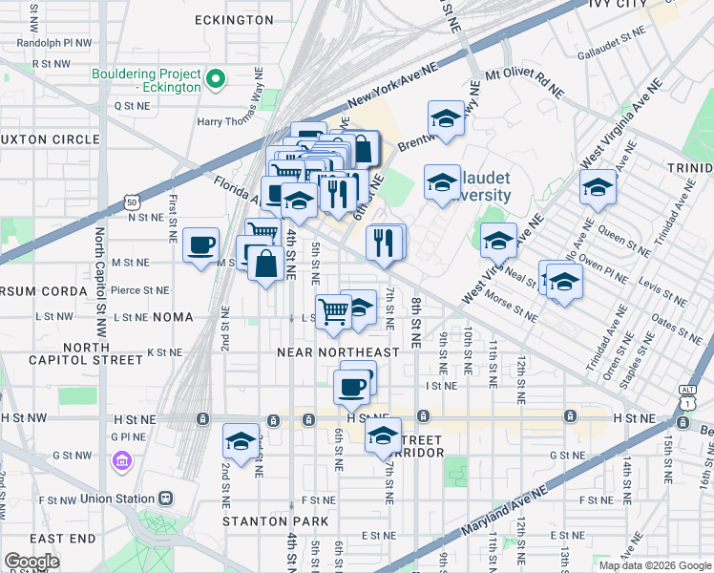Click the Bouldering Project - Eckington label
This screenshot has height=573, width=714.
(x=147, y=80)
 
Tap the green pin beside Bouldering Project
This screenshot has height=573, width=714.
(x=217, y=80)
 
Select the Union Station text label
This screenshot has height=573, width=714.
(x=121, y=499)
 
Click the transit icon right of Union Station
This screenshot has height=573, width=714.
(x=167, y=499)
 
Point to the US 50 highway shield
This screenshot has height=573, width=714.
(x=131, y=202)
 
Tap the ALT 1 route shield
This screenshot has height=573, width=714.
(x=686, y=395)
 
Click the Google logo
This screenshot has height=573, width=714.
(x=31, y=562)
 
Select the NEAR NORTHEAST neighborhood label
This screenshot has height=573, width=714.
(x=338, y=352)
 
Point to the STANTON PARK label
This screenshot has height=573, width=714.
(x=276, y=521)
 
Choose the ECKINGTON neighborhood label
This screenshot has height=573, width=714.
(x=234, y=19)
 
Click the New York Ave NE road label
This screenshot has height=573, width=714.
(x=392, y=86)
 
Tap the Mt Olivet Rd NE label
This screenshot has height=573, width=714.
(x=524, y=83)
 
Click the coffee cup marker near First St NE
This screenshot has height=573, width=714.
(x=200, y=245)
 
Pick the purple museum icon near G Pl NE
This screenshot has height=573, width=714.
(x=121, y=463)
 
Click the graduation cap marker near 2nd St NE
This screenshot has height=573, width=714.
(x=241, y=442)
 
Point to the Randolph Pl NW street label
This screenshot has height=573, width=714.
(x=54, y=43)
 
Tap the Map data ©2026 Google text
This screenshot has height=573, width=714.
(x=654, y=565)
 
